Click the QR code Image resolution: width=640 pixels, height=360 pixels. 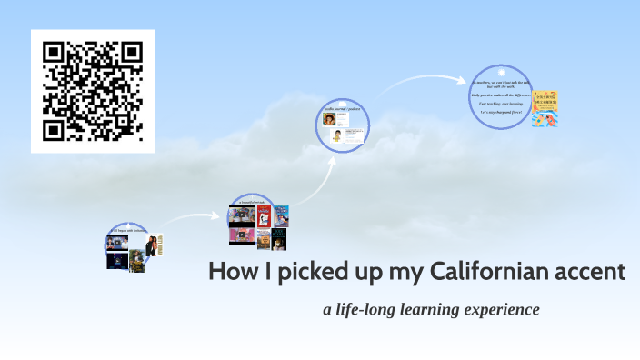[93, 91]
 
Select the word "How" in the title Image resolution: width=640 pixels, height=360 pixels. [228, 271]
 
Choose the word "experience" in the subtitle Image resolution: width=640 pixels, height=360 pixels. [503, 310]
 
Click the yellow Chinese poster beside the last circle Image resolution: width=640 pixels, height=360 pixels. [545, 108]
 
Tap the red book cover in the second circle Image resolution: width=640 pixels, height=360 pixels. [264, 216]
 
